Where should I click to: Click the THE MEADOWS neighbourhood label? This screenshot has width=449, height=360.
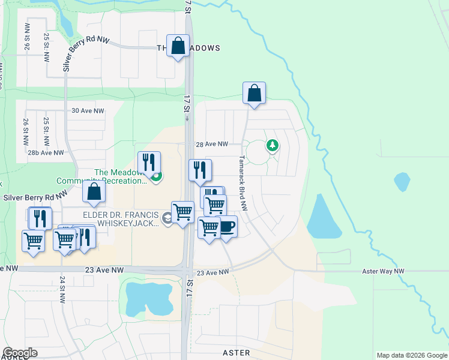188,48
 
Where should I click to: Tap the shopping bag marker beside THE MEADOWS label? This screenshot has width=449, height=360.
178,46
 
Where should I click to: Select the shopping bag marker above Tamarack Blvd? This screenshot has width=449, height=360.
254,94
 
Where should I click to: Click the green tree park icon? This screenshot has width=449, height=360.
273,145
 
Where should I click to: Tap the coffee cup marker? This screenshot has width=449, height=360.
226,227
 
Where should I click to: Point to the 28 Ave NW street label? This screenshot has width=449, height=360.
212,144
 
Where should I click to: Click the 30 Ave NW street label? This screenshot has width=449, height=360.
88,111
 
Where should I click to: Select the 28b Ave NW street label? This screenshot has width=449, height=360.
46,153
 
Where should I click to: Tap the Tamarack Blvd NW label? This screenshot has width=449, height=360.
243,184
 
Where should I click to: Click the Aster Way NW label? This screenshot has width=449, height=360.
383,271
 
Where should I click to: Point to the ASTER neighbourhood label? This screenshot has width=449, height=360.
236,353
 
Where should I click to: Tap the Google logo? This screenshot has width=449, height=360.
20,353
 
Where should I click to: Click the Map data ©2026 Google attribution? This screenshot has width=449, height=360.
411,355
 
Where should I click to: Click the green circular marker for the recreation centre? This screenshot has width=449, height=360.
157,177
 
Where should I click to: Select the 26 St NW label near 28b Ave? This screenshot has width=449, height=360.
26,133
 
